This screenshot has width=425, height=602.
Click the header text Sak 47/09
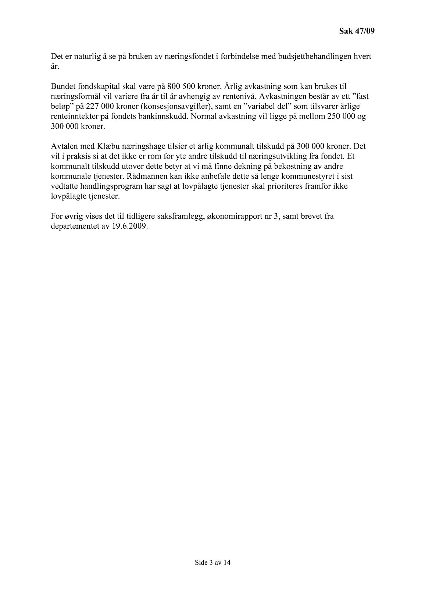click(x=356, y=32)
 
